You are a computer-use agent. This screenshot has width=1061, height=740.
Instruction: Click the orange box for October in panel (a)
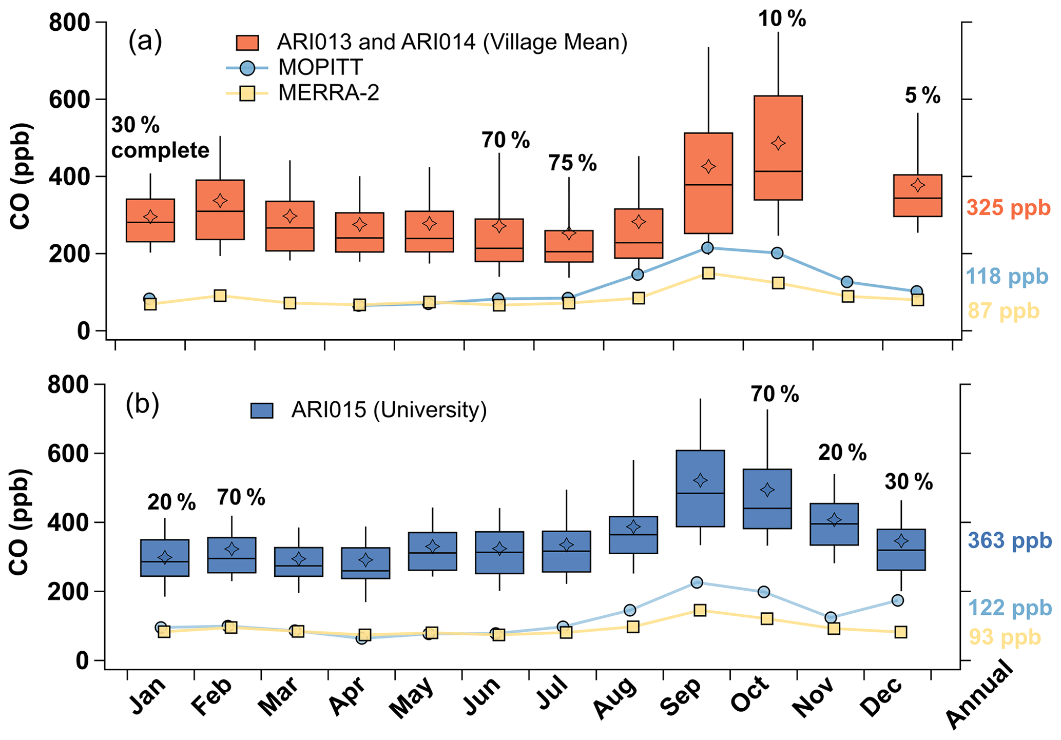[x=778, y=148]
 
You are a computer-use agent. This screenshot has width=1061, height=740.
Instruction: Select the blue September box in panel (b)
[x=700, y=488]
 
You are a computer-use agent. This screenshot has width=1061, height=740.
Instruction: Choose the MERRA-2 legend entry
[x=329, y=93]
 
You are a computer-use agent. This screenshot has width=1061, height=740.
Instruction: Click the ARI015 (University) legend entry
[x=388, y=410]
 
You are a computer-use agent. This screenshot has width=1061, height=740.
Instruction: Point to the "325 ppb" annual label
[x=1008, y=208]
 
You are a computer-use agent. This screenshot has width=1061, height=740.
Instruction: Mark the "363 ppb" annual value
[x=1009, y=541]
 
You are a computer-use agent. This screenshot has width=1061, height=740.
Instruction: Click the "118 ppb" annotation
[x=1007, y=277]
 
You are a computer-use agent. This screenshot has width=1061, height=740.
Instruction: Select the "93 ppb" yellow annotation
[x=1005, y=637]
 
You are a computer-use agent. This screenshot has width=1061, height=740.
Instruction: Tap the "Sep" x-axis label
[x=681, y=697]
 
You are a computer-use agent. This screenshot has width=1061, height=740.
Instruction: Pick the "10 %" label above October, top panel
[x=782, y=20]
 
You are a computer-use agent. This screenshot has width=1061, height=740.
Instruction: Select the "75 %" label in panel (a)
[x=572, y=163]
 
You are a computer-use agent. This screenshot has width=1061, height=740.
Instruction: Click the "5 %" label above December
[x=922, y=96]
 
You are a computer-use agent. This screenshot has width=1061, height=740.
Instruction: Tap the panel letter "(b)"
[x=142, y=404]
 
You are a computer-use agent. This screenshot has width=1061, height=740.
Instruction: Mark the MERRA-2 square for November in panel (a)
[x=847, y=296]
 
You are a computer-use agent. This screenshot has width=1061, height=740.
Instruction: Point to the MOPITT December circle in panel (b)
[x=897, y=600]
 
